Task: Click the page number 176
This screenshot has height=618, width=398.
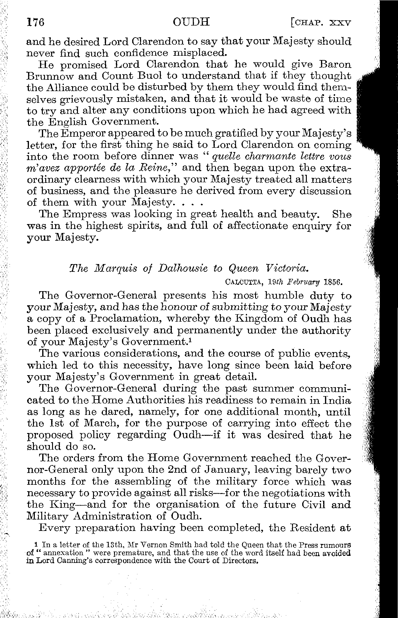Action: point(36,22)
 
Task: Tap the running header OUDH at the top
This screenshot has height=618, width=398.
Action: point(191,22)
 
